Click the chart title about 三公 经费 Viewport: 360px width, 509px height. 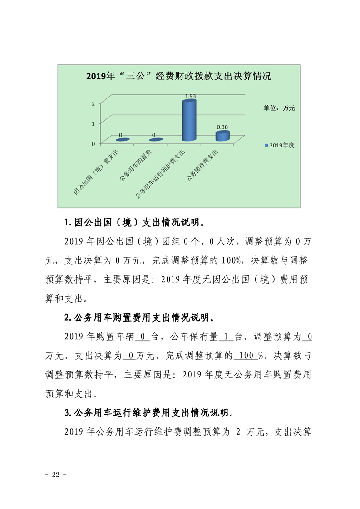coord(178,76)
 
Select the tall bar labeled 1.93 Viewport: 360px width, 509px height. coord(189,121)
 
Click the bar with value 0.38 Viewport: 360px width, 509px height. coord(222,136)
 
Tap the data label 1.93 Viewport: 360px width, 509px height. coord(190,96)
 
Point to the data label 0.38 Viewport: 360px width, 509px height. coord(222,127)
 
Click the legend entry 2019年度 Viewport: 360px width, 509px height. coord(280,145)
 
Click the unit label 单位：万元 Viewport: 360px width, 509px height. coord(280,108)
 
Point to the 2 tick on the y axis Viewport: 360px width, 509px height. coord(93,103)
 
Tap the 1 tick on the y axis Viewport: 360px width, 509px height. coord(93,123)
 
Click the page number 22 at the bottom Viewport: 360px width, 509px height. coord(56,475)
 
